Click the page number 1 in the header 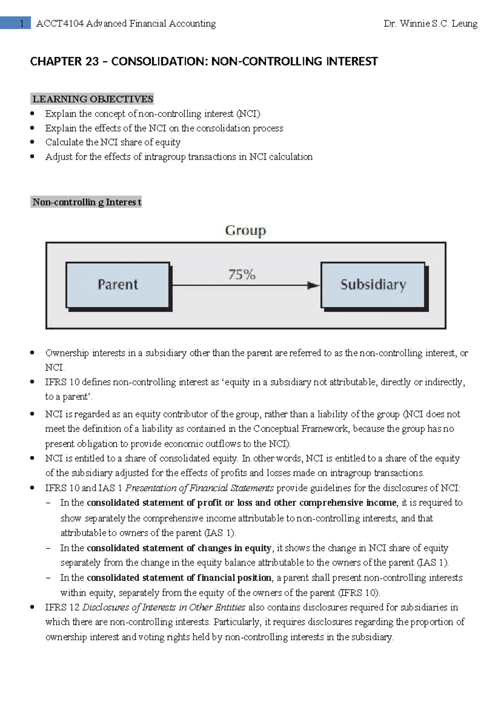(22, 23)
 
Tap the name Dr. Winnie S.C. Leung (430, 24)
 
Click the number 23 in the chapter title (92, 62)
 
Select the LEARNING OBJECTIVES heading (93, 99)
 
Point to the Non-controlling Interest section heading (86, 202)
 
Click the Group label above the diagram (245, 230)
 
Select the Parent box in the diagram (118, 285)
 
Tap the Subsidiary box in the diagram (373, 285)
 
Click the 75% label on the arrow (242, 275)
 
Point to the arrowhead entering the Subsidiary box (313, 286)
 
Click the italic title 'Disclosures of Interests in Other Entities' (164, 607)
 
